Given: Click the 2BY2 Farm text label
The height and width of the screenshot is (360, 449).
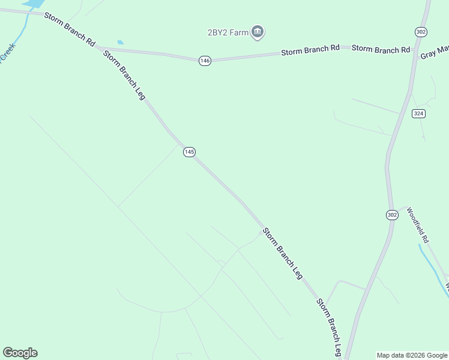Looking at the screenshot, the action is [x=228, y=32].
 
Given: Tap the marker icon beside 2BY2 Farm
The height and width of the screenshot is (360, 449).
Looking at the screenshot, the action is [x=258, y=32].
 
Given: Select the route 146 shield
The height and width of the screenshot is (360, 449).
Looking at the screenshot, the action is [x=205, y=61].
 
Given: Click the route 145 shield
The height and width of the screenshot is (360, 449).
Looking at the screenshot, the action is [x=189, y=152].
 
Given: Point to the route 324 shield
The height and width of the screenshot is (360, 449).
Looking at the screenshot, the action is [x=418, y=113].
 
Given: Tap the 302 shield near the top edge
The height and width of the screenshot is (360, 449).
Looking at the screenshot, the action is [x=420, y=31].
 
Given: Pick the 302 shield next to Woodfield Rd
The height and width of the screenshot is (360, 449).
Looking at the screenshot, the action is [x=391, y=214].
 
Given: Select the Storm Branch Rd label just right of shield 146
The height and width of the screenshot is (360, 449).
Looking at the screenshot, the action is [x=310, y=51].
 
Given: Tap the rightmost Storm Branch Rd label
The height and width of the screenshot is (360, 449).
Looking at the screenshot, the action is [x=381, y=49].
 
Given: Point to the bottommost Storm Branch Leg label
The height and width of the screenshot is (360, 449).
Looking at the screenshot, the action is [x=330, y=327].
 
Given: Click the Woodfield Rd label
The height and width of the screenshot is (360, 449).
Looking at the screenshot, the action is [x=418, y=224].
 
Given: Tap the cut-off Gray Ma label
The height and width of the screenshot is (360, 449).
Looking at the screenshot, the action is [x=434, y=53].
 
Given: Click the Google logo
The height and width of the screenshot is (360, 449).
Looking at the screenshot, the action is [x=20, y=353].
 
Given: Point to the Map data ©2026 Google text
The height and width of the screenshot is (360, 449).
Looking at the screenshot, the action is [x=412, y=355].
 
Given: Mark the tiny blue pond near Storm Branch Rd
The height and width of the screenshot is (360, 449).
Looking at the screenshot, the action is [x=121, y=42].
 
